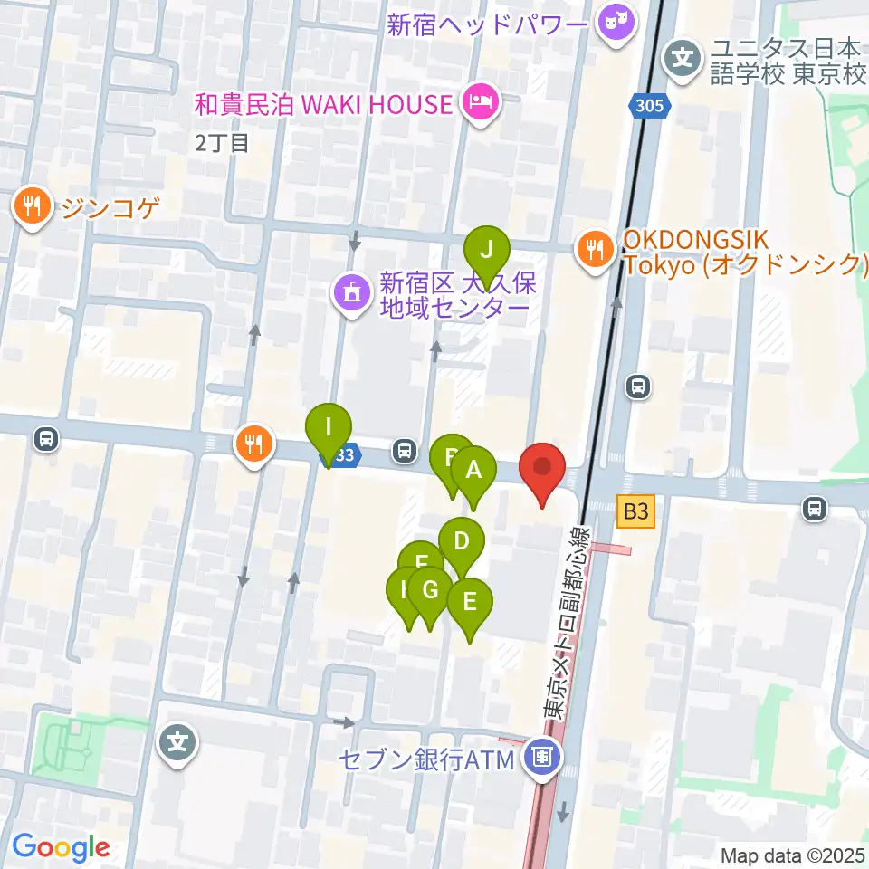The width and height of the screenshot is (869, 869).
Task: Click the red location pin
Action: pos(542,470)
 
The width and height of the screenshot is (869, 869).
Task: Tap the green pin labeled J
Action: pos(487,249)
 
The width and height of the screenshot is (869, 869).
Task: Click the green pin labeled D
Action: pos(462,542)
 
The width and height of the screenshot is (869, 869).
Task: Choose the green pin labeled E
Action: pos(469,602)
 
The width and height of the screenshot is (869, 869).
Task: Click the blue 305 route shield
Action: pos(650,107)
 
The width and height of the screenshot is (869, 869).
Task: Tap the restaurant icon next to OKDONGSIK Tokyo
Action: pos(595,250)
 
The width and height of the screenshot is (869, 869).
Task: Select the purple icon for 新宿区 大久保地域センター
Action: pos(350,292)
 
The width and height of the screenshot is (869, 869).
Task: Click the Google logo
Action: pos(61,847)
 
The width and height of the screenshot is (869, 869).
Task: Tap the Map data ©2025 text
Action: pos(793,855)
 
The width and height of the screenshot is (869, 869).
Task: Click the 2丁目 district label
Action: pos(222,142)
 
